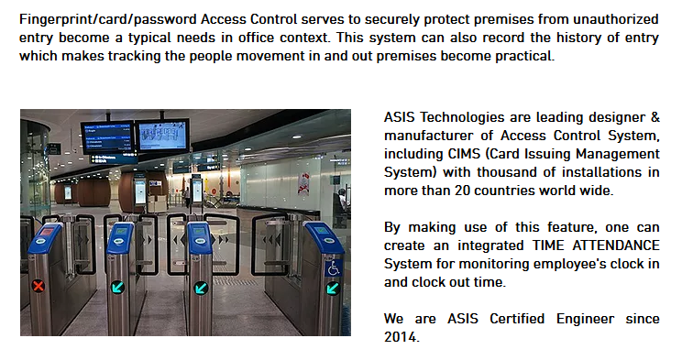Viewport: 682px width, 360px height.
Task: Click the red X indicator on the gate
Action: pos(38,286)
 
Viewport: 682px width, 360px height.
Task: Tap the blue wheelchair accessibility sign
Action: pos(333,268)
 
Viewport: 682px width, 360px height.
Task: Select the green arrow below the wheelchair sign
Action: pos(333,288)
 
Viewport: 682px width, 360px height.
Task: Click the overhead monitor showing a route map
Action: pos(162,135)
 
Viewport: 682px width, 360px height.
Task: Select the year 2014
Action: pos(401,337)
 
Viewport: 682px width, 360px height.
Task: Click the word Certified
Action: pos(517,319)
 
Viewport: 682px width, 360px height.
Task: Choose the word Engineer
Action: pos(585,319)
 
